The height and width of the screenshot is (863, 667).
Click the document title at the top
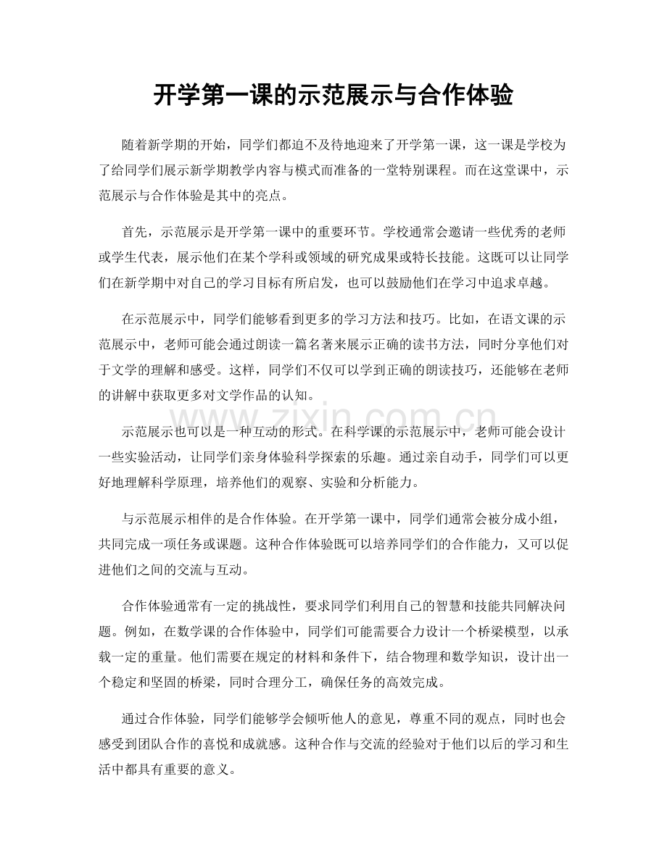pyautogui.click(x=333, y=95)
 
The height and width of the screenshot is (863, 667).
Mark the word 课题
pyautogui.click(x=273, y=549)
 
